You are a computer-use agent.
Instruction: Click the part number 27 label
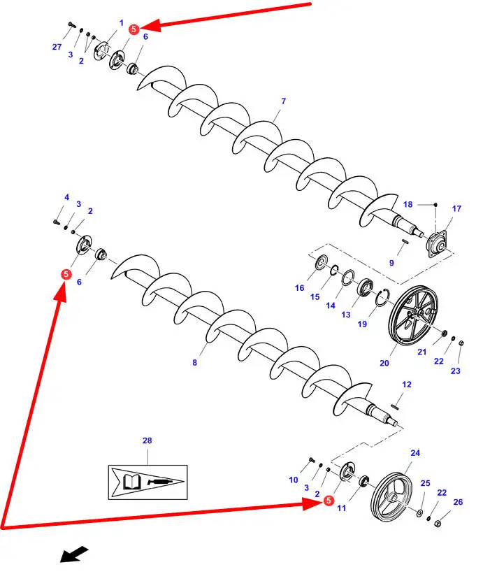point(57,47)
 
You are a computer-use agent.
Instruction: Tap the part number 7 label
point(283,101)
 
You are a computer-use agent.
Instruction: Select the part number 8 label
point(194,363)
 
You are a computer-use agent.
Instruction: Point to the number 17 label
point(456,208)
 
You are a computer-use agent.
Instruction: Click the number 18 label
point(408,204)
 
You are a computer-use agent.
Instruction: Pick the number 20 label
point(384,363)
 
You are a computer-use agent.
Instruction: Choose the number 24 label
point(415,453)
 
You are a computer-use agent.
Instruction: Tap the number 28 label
point(147,440)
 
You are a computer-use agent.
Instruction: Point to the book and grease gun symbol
point(147,482)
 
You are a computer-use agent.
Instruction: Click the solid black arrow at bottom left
point(74,554)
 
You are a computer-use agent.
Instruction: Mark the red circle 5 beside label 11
point(329,501)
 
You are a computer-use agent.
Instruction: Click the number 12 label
point(407,385)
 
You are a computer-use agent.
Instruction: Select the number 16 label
point(299,288)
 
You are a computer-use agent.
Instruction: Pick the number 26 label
point(458,501)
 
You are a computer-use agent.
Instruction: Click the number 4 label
point(66,197)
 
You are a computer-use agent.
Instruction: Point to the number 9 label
point(391,263)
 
